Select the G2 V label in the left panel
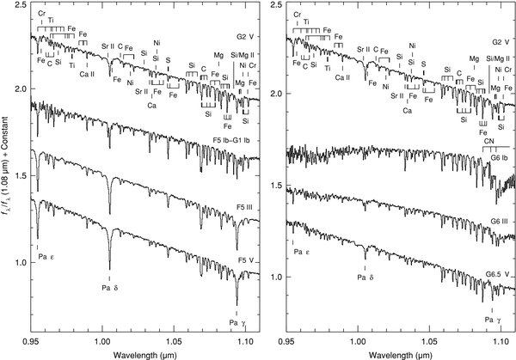(x=244, y=40)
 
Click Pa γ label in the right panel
(x=488, y=320)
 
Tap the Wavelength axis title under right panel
(x=402, y=353)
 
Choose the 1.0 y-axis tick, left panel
(x=19, y=277)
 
